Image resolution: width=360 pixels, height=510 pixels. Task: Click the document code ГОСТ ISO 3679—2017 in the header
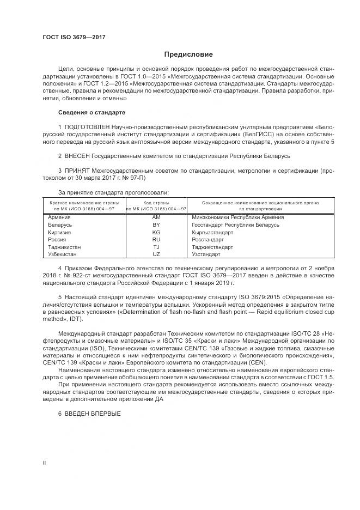(x=74, y=37)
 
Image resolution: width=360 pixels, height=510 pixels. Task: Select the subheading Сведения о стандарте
(x=91, y=112)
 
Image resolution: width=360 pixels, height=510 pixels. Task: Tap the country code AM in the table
(x=156, y=217)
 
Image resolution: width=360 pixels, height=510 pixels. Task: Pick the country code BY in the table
(x=156, y=224)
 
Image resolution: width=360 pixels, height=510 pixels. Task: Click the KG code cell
(x=156, y=232)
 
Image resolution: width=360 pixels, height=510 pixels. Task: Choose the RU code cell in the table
(x=156, y=239)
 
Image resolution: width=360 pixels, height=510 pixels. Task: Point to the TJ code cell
(x=156, y=247)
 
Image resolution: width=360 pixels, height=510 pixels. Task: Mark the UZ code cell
(x=156, y=254)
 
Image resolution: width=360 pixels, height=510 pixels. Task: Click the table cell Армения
(x=60, y=217)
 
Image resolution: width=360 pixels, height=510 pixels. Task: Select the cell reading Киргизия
(x=60, y=232)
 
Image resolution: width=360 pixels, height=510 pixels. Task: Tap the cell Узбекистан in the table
(x=63, y=254)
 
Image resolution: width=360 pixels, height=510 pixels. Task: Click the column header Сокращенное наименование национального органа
(x=260, y=202)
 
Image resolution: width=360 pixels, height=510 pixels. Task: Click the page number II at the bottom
(x=44, y=463)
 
